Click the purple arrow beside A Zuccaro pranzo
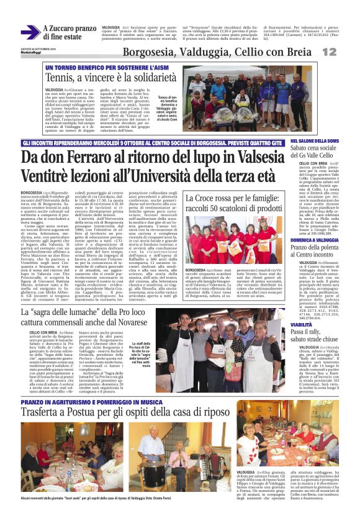[30, 32]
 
